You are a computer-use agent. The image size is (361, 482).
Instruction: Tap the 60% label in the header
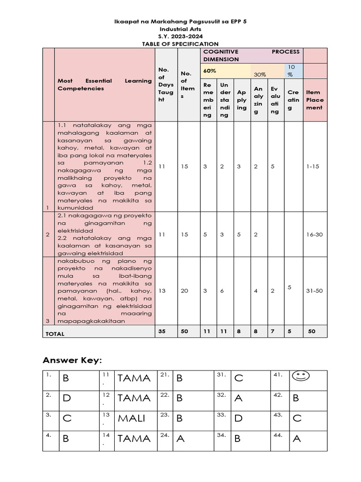[x=210, y=71]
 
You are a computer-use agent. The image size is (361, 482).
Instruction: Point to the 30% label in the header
[x=260, y=74]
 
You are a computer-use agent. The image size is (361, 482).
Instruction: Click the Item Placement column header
[x=314, y=100]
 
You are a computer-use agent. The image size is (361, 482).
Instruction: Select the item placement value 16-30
[x=314, y=234]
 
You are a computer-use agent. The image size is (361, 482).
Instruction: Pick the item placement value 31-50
[x=314, y=291]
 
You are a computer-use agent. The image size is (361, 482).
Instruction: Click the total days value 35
[x=162, y=331]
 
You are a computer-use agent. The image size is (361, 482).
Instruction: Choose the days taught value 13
[x=162, y=291]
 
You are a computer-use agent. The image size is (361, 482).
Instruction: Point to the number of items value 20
[x=184, y=291]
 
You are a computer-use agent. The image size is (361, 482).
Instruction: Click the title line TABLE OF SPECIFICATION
[x=180, y=43]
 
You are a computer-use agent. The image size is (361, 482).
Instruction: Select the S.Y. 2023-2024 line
[x=180, y=36]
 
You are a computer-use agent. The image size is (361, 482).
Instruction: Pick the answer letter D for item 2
[x=67, y=398]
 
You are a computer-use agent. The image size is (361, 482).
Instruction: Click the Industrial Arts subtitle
[x=180, y=29]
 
